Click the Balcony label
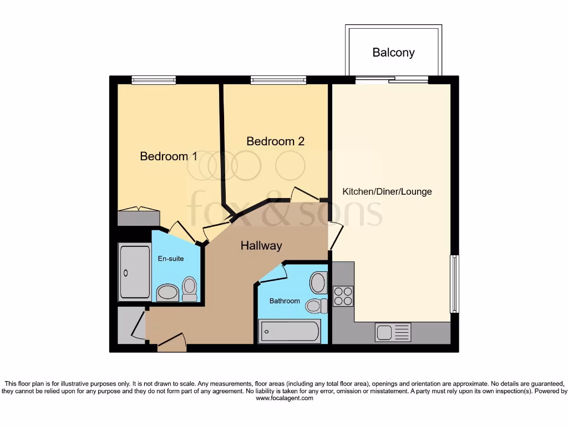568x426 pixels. point(393,53)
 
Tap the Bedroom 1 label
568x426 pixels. point(168,156)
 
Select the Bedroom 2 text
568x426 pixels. point(275,141)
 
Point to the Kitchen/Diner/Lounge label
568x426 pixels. point(387,192)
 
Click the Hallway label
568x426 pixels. point(261,246)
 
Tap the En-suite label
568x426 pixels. point(171,258)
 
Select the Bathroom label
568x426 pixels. point(285,301)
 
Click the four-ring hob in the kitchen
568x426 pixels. point(343,296)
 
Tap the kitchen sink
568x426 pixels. point(393,332)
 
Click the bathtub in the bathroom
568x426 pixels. point(289,332)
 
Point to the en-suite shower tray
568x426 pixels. point(134,272)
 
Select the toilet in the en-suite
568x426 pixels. point(190,289)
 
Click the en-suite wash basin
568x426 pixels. point(167,292)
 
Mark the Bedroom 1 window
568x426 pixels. point(154,80)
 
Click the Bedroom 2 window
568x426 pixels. point(278,80)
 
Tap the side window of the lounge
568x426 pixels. point(454,283)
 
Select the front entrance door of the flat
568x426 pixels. point(171,342)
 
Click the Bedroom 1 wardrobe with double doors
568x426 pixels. point(138,217)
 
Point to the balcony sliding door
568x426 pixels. point(392,80)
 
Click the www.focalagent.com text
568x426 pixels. point(284,398)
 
